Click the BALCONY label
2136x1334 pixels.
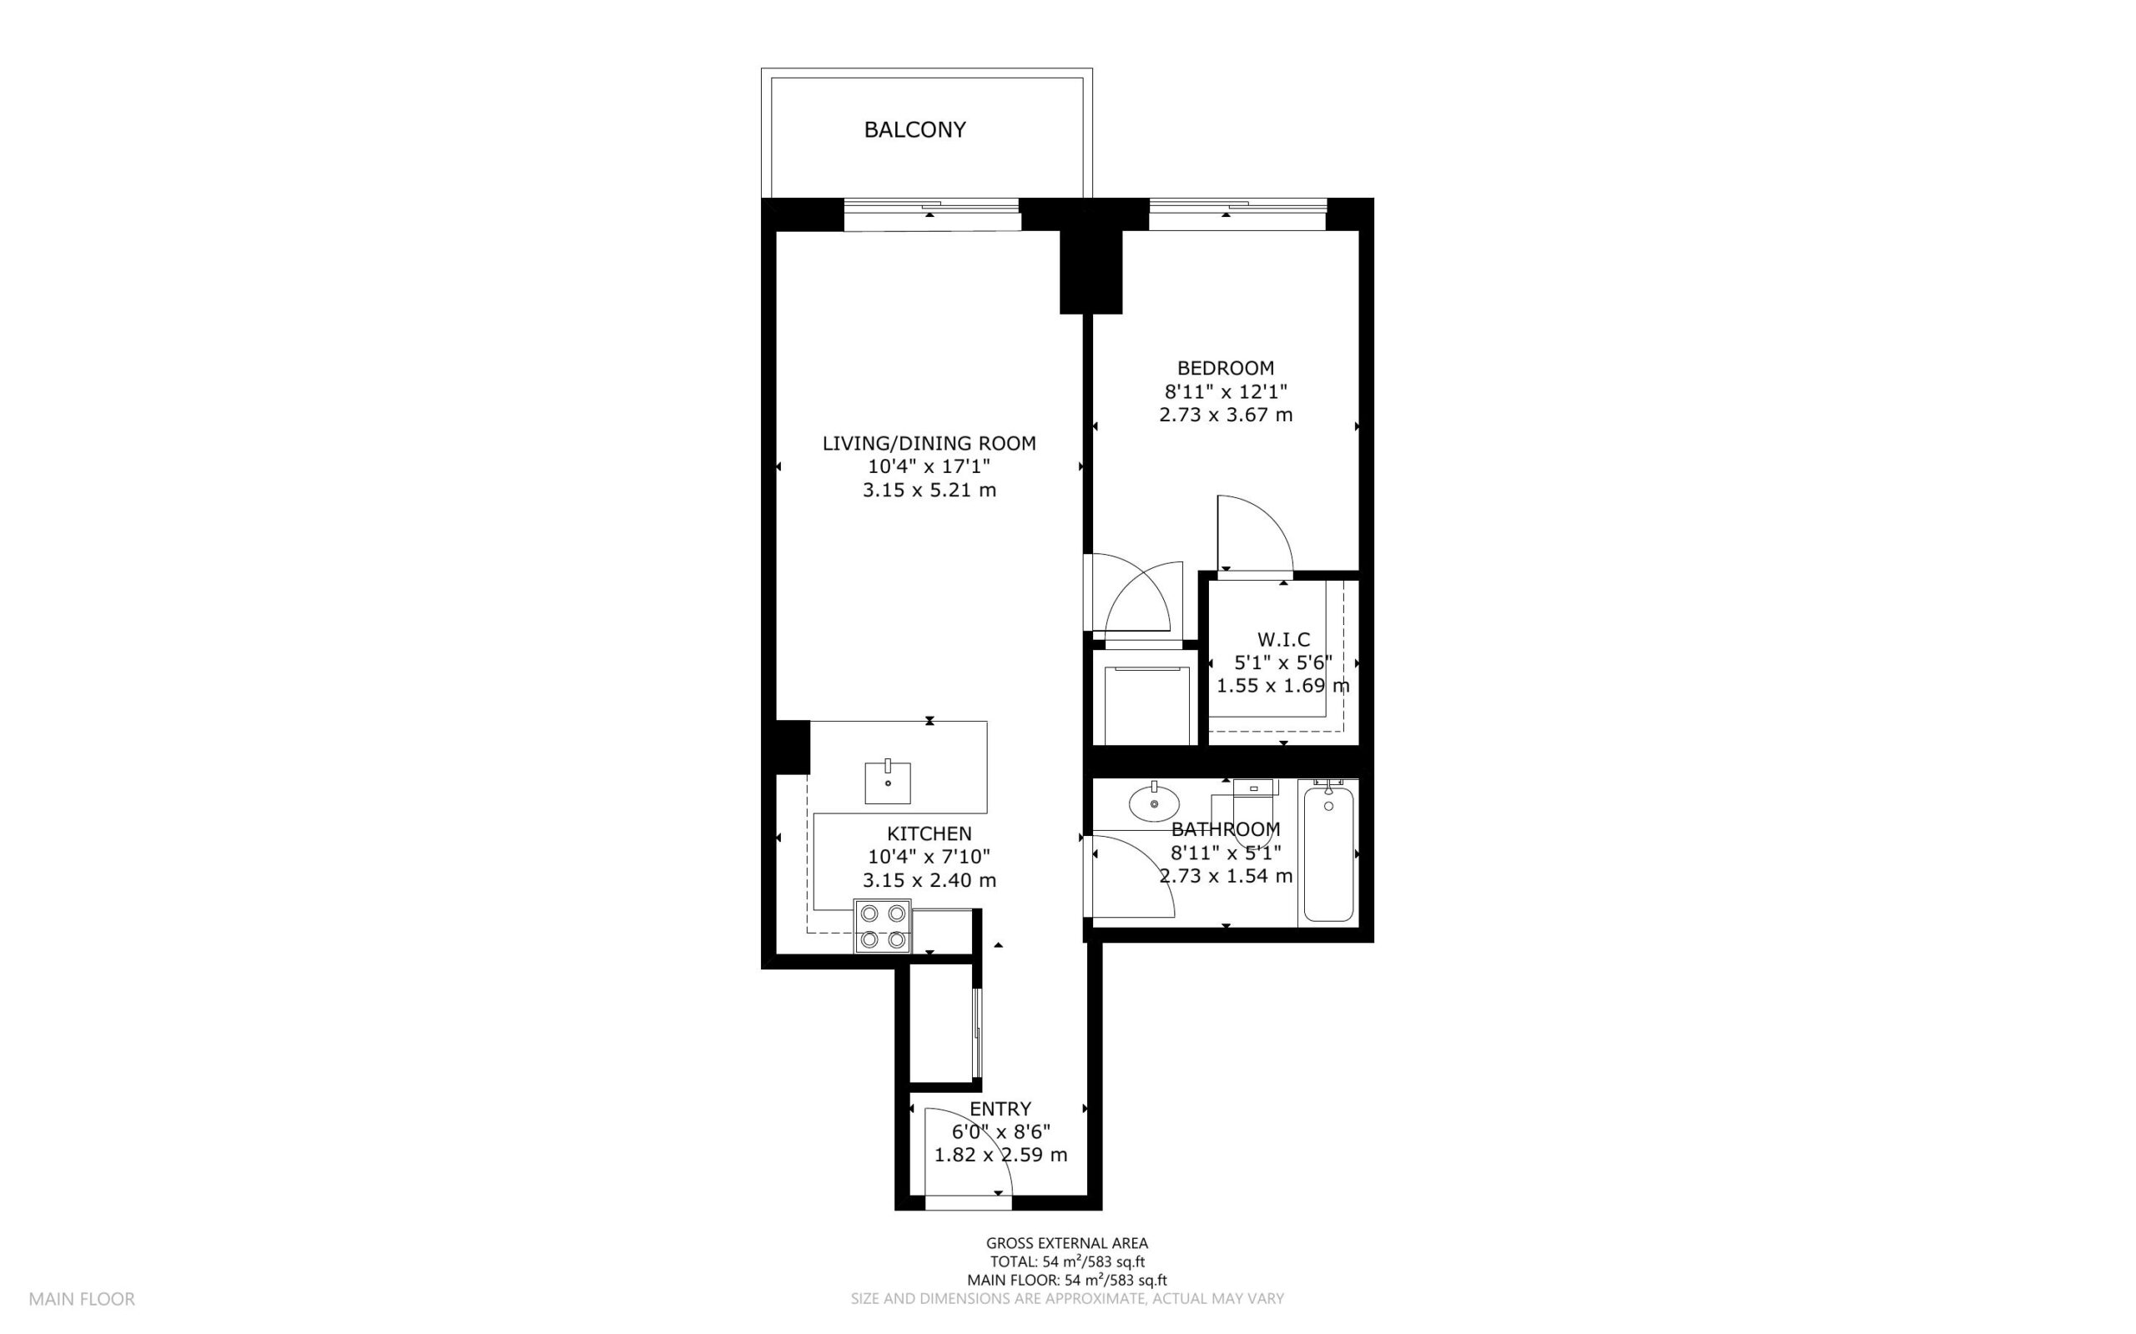pos(915,129)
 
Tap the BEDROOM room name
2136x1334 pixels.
pos(1226,368)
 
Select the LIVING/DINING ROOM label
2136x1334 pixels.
pos(929,444)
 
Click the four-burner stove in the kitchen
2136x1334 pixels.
pos(883,926)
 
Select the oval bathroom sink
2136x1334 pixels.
pos(1154,803)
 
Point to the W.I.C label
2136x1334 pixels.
pos(1284,640)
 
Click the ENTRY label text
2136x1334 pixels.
pos(1000,1109)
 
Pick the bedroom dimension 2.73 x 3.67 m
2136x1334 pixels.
pos(1226,415)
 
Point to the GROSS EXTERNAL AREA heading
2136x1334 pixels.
pos(1066,1244)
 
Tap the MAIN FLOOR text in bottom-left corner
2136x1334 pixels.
pos(82,1299)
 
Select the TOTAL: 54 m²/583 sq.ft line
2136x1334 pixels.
pos(1066,1261)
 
